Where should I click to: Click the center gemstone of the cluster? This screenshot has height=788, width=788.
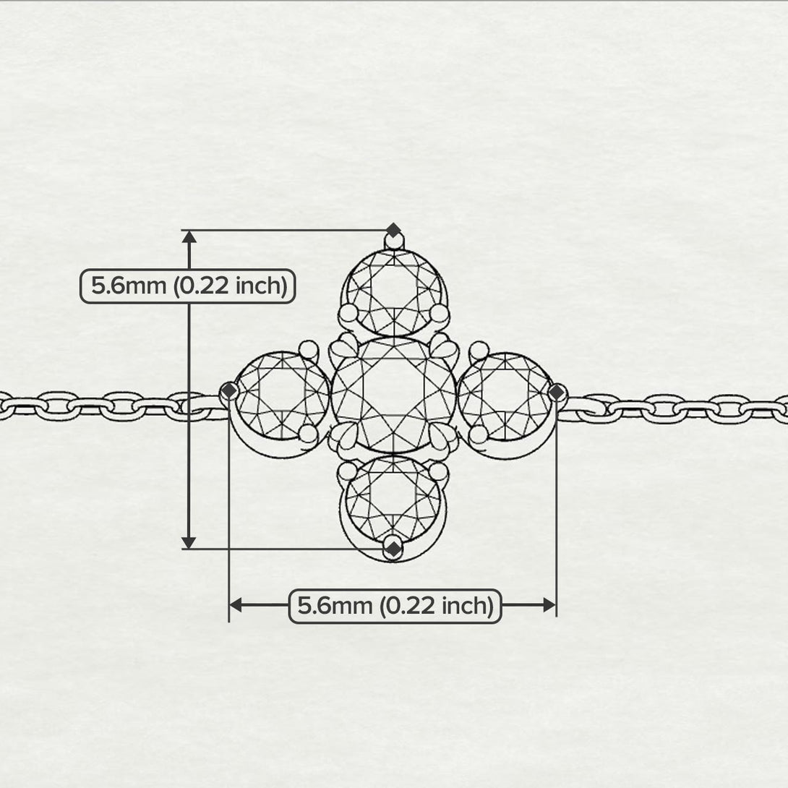(x=393, y=395)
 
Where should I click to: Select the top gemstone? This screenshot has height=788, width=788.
(x=393, y=291)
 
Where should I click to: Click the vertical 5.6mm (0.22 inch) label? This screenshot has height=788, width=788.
(x=187, y=286)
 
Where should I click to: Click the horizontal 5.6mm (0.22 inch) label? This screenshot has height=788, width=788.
(x=395, y=606)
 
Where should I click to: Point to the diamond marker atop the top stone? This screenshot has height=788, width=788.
(x=393, y=231)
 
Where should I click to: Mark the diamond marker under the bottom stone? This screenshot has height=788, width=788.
(x=393, y=549)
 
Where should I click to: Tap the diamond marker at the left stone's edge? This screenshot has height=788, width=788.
(x=229, y=391)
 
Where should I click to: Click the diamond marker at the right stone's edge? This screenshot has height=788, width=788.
(x=556, y=392)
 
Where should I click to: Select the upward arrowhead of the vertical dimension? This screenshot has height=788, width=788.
(x=189, y=237)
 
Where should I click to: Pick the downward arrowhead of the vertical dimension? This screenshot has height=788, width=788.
(x=189, y=542)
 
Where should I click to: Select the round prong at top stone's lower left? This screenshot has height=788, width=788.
(x=348, y=312)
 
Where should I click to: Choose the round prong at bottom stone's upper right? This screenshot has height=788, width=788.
(x=438, y=471)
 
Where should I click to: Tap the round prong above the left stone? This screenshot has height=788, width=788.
(x=309, y=349)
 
